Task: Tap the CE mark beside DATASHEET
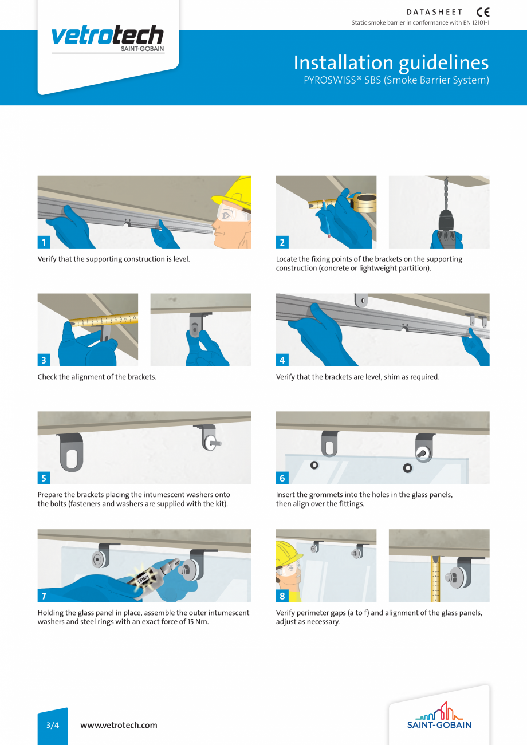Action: [x=483, y=12]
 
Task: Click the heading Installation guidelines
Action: [x=391, y=62]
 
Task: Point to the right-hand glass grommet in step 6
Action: [x=407, y=468]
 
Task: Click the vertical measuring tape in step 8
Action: [x=436, y=578]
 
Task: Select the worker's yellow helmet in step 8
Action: [x=288, y=553]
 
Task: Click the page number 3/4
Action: [x=53, y=725]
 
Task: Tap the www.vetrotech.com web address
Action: [x=119, y=725]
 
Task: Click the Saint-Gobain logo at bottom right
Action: [x=439, y=716]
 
